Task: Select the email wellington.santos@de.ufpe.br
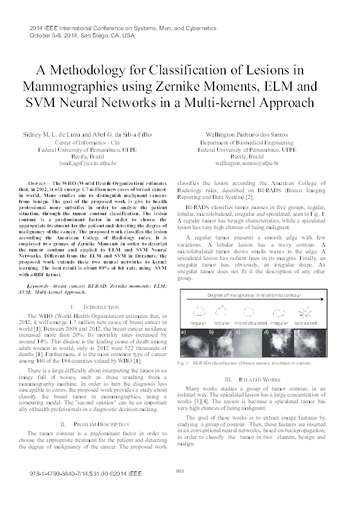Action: point(247,163)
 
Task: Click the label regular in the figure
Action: point(198,323)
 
